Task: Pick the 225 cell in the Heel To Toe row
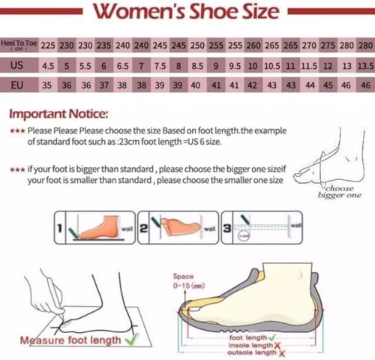pos(47,46)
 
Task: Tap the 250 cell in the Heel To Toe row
pos(197,46)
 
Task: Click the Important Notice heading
pos(58,115)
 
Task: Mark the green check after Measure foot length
pos(133,340)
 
